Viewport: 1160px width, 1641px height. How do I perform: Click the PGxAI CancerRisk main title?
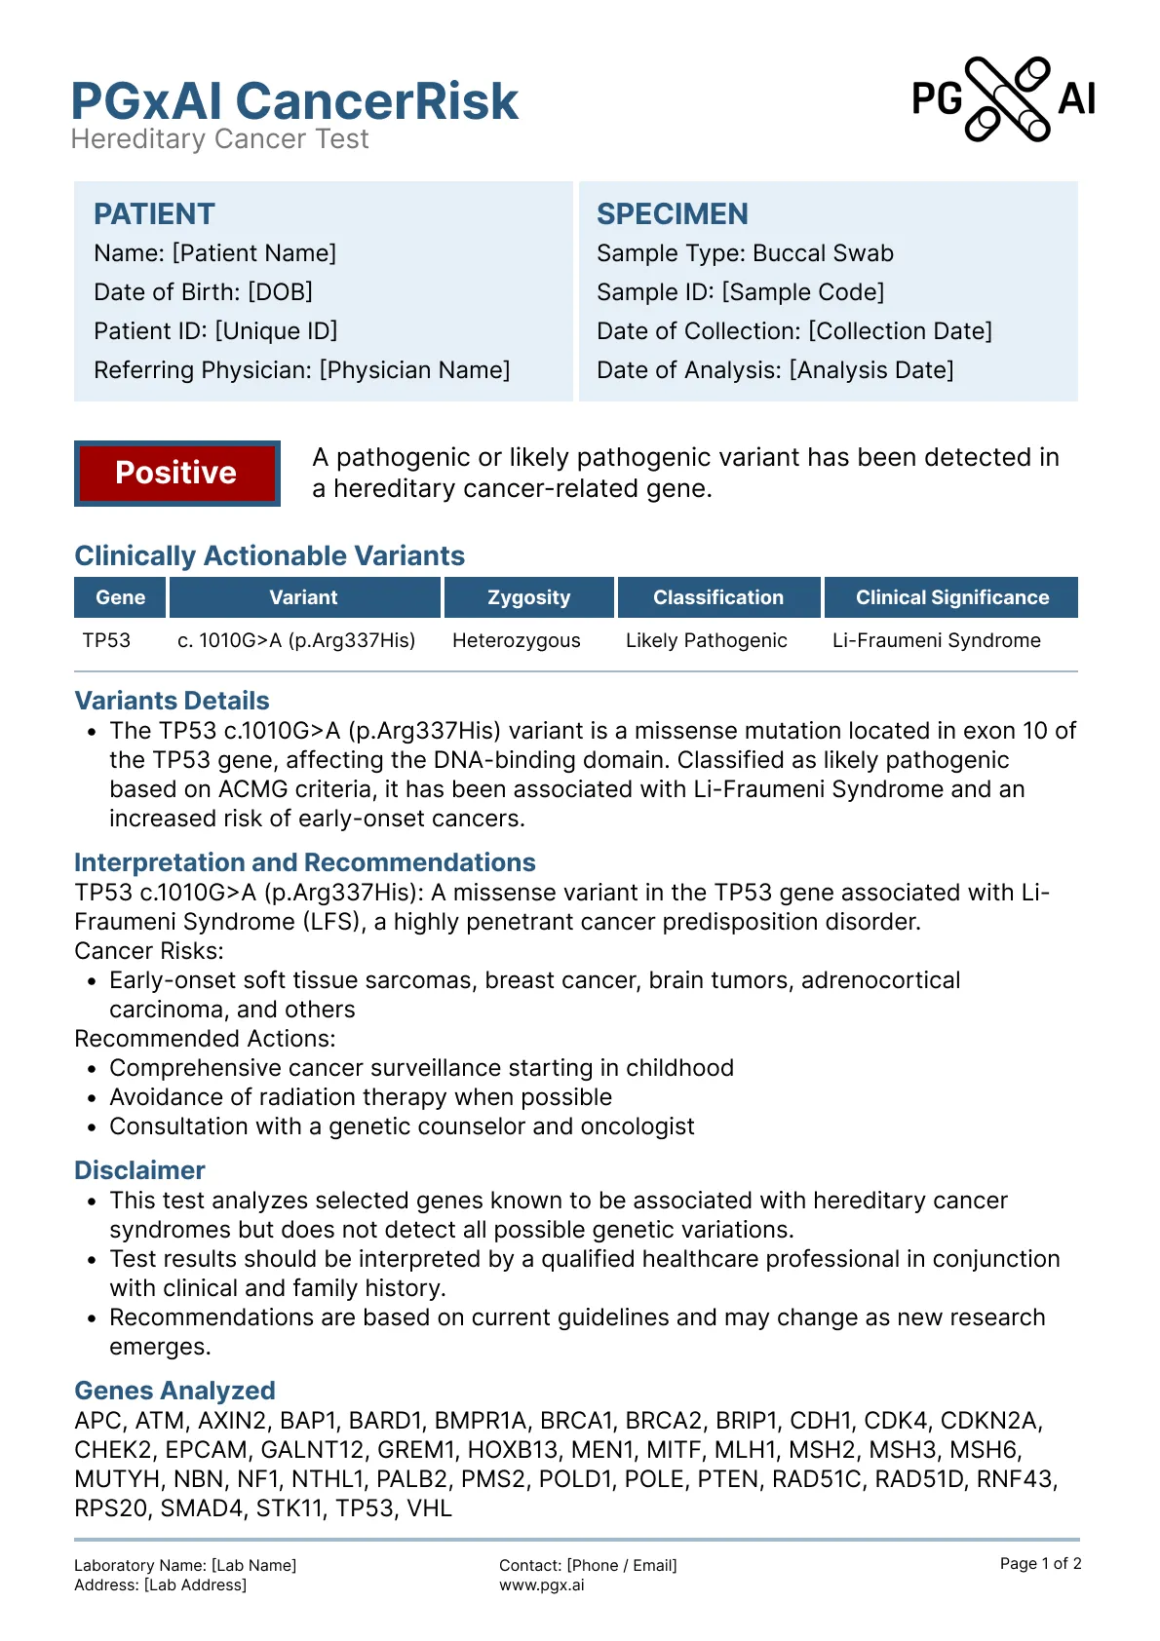pyautogui.click(x=294, y=101)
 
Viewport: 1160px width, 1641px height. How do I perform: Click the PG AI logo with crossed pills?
pyautogui.click(x=1004, y=99)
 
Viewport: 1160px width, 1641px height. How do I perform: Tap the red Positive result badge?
pyautogui.click(x=176, y=473)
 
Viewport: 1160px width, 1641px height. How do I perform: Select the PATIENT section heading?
pyautogui.click(x=154, y=214)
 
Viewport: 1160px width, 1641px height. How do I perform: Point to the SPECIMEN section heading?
pyautogui.click(x=673, y=214)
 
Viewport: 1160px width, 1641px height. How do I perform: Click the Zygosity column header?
pyautogui.click(x=528, y=597)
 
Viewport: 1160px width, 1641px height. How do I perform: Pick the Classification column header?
pyautogui.click(x=718, y=597)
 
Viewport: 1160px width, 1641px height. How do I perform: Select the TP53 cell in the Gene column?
pyautogui.click(x=106, y=640)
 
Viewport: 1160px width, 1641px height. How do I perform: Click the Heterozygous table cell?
pyautogui.click(x=517, y=640)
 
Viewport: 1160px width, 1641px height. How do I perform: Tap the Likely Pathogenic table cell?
pyautogui.click(x=707, y=640)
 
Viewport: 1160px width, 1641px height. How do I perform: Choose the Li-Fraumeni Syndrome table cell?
pyautogui.click(x=937, y=640)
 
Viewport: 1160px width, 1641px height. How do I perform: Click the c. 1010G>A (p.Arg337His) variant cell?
pyautogui.click(x=296, y=640)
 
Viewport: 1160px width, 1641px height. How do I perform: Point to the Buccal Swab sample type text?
pyautogui.click(x=824, y=253)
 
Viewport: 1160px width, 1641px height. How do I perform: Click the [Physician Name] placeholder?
pyautogui.click(x=414, y=370)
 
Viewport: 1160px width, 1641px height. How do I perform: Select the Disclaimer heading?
pyautogui.click(x=139, y=1170)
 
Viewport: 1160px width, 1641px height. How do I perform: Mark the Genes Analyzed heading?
pyautogui.click(x=174, y=1391)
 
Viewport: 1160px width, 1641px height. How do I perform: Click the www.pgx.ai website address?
pyautogui.click(x=542, y=1584)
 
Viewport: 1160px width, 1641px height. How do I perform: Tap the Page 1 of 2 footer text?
pyautogui.click(x=1040, y=1563)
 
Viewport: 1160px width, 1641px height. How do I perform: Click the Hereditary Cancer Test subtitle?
pyautogui.click(x=220, y=139)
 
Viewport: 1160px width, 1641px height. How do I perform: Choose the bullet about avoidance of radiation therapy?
pyautogui.click(x=361, y=1097)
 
